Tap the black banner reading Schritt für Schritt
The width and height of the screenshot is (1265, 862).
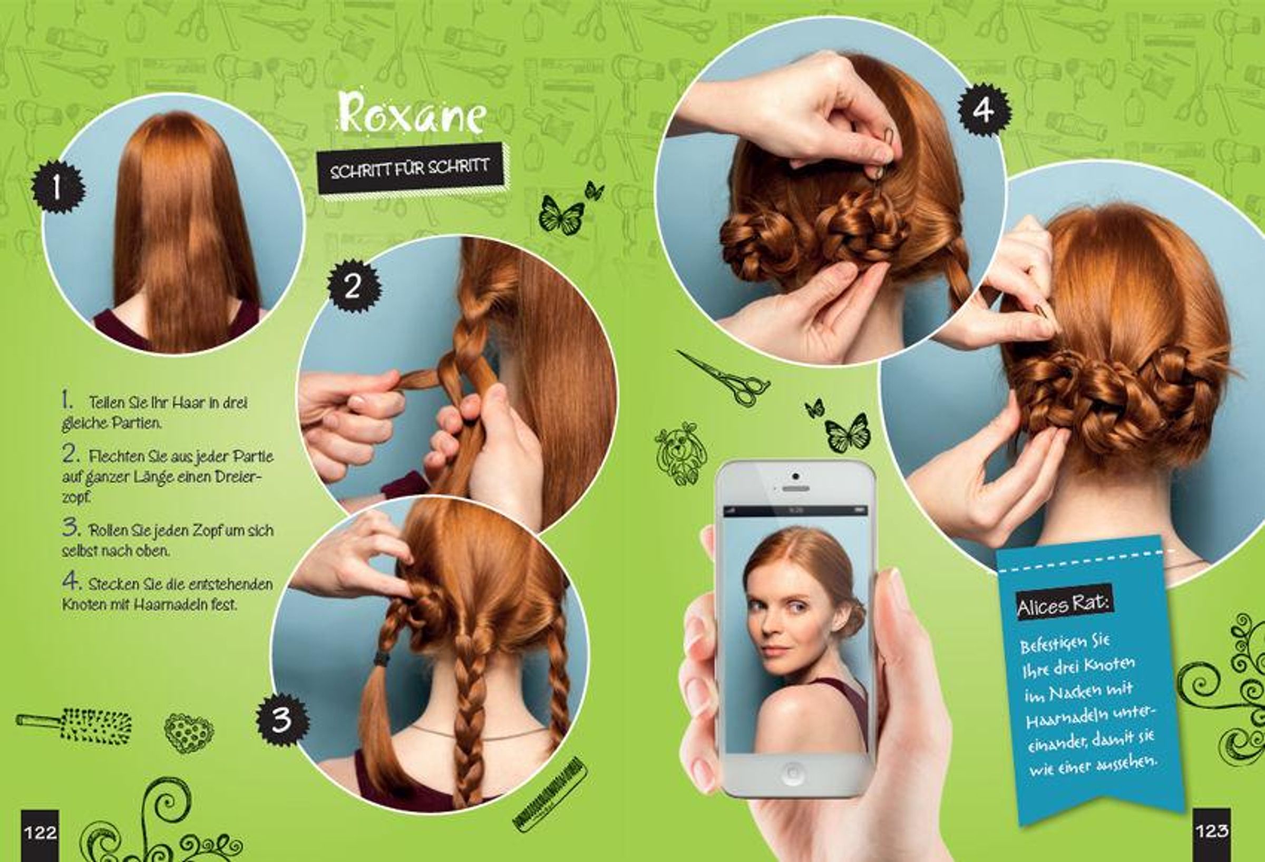click(410, 168)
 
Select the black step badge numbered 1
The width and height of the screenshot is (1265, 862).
click(57, 187)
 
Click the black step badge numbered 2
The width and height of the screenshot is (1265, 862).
click(354, 285)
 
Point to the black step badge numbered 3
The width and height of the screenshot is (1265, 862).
click(283, 719)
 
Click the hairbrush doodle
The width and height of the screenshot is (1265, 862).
click(73, 725)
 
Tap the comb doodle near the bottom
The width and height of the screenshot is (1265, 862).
click(550, 795)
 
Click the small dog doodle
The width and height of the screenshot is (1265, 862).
click(680, 453)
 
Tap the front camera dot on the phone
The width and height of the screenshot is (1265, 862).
click(795, 477)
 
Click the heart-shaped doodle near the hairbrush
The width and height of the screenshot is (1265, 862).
click(188, 732)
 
